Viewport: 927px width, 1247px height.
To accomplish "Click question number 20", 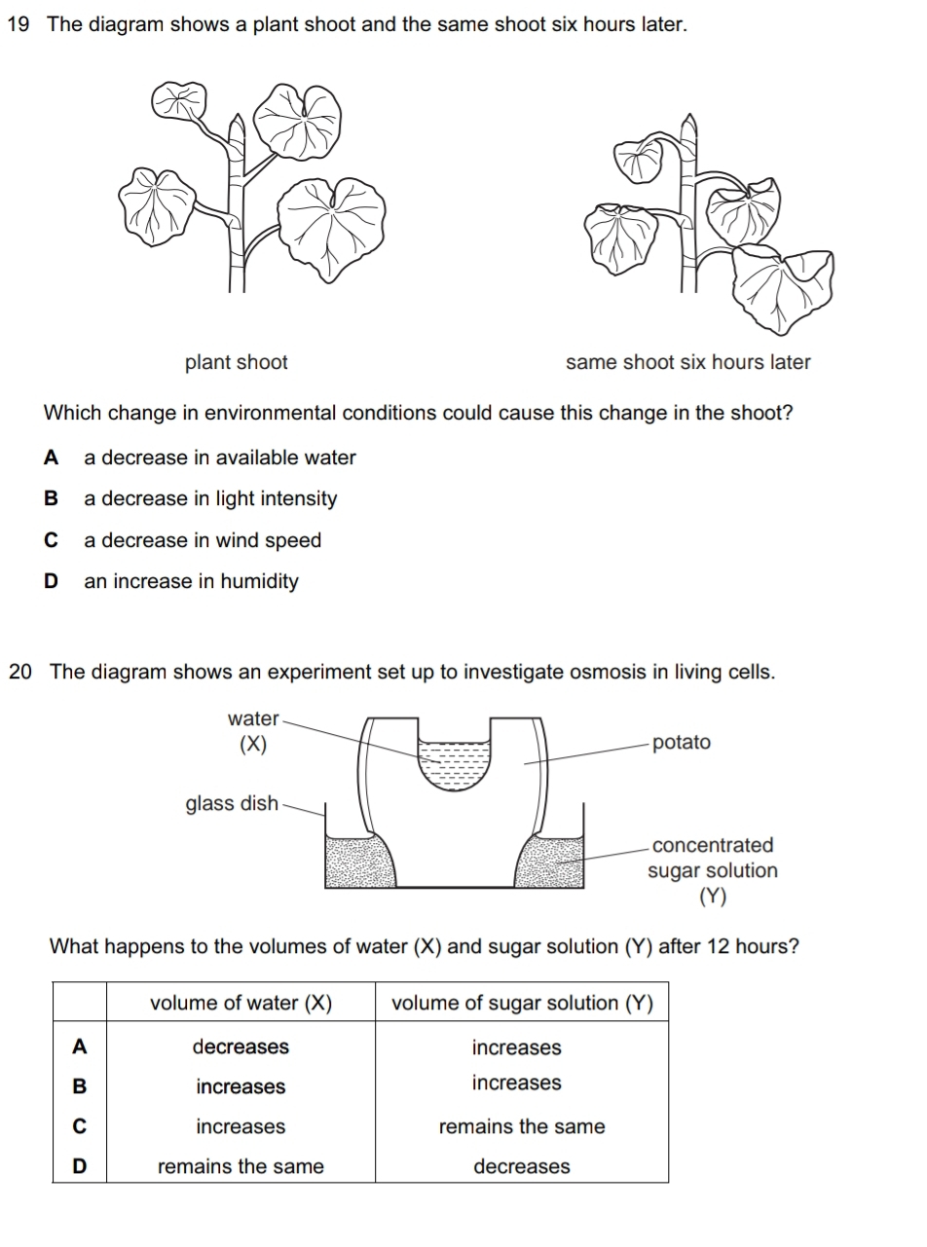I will [20, 672].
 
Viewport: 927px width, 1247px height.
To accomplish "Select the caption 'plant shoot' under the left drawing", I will [237, 363].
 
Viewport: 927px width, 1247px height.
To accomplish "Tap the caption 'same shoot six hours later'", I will [687, 363].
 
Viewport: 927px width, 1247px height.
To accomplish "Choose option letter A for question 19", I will [52, 458].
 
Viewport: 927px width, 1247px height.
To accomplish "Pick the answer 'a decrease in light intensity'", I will [210, 499].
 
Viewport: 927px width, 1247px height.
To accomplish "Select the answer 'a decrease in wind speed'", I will [203, 540].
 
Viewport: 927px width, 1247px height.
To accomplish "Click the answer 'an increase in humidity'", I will [191, 582].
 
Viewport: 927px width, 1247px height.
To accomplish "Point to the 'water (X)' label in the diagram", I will [252, 731].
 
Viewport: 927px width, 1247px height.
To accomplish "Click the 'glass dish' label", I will [232, 804].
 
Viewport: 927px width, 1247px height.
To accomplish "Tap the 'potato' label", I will [682, 743].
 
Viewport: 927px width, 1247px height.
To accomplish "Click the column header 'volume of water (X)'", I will [241, 1004].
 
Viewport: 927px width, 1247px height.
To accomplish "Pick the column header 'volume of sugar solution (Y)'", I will [522, 1004].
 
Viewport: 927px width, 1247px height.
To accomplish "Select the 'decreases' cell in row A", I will [241, 1047].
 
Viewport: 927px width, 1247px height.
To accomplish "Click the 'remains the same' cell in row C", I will [522, 1127].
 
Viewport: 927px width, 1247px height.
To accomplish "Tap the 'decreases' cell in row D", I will [522, 1167].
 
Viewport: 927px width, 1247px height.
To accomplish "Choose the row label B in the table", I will [80, 1087].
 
